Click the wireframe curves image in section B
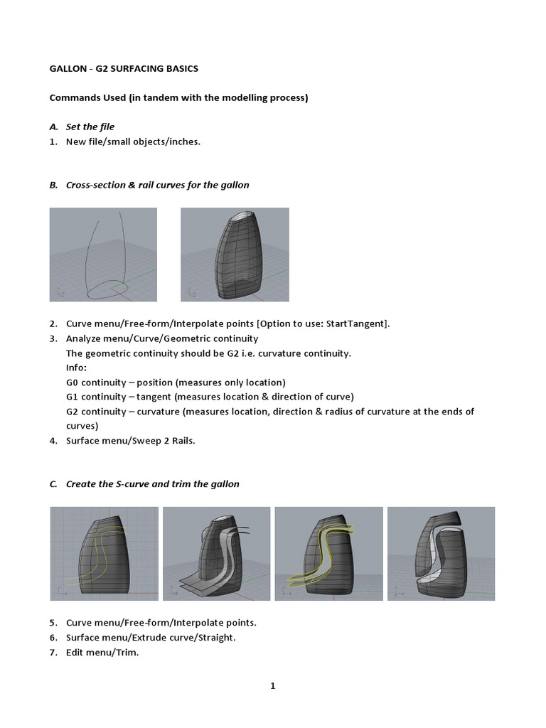coord(103,254)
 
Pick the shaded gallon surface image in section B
coord(235,254)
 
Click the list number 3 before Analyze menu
coord(53,338)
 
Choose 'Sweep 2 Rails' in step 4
coord(167,440)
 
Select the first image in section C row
coord(103,553)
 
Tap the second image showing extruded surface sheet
coord(215,553)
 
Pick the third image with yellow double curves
coord(328,553)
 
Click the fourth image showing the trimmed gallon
coord(441,553)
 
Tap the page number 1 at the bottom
coord(272,686)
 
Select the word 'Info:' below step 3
coord(76,368)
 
